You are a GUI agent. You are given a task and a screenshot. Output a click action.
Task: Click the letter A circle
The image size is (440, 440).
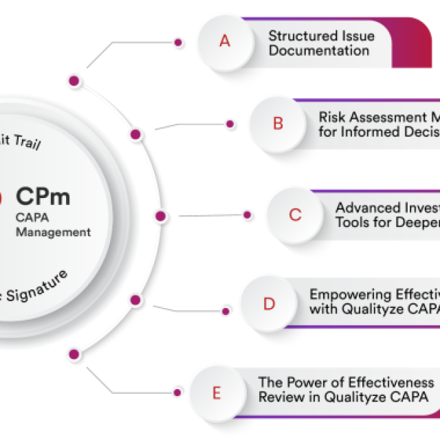(x=224, y=41)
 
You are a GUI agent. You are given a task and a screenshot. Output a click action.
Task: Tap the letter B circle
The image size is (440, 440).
(x=278, y=123)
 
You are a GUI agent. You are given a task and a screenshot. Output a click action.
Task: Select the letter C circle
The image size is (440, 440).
(x=295, y=214)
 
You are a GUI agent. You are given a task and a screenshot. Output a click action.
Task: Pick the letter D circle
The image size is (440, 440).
(x=269, y=304)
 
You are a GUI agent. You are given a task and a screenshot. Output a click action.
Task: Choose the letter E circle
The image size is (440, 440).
(x=217, y=393)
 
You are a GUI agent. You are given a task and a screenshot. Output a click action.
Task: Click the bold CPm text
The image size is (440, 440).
(x=43, y=197)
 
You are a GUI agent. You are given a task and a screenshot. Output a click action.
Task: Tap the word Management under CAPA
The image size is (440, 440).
(x=54, y=232)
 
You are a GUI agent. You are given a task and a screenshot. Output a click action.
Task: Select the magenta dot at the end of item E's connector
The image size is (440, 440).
(x=178, y=393)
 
